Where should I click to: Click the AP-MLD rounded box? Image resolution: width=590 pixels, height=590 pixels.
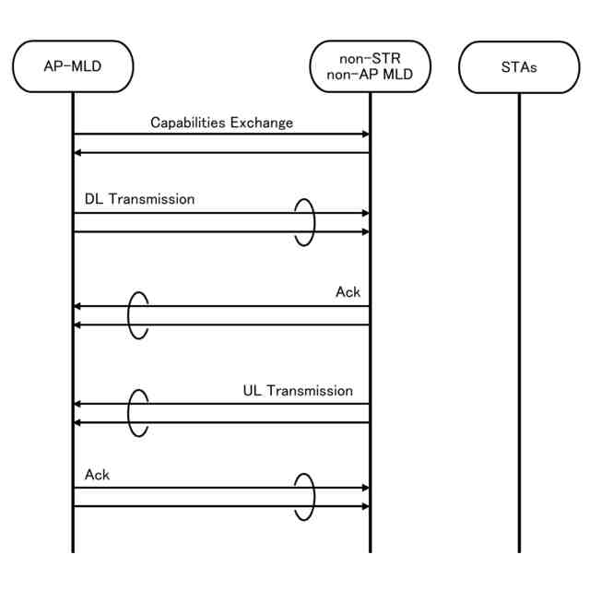(x=73, y=66)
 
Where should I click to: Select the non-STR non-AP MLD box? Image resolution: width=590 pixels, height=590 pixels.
(x=370, y=66)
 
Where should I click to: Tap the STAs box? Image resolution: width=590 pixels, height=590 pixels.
(x=519, y=66)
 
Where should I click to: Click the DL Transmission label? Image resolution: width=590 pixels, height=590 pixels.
(x=139, y=198)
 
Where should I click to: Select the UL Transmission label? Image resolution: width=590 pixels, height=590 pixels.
(x=298, y=390)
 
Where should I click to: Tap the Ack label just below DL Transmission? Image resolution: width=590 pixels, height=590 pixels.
(x=348, y=292)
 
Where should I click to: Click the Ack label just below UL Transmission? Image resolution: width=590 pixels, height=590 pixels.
(x=97, y=475)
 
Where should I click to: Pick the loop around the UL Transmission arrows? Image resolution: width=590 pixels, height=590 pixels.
(x=137, y=412)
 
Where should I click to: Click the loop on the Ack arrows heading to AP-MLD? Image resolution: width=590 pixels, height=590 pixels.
(x=137, y=315)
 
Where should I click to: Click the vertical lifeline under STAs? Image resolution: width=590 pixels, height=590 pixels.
(x=519, y=323)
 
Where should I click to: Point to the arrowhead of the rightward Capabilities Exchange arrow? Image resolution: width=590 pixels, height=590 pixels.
(x=364, y=135)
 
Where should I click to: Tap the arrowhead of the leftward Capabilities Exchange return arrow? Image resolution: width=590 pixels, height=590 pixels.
(x=78, y=153)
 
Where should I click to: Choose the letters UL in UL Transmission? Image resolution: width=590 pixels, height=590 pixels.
(x=252, y=390)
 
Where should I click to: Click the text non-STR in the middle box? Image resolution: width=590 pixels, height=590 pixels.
(x=370, y=58)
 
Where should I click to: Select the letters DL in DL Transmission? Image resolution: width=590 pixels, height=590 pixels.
(x=93, y=198)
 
